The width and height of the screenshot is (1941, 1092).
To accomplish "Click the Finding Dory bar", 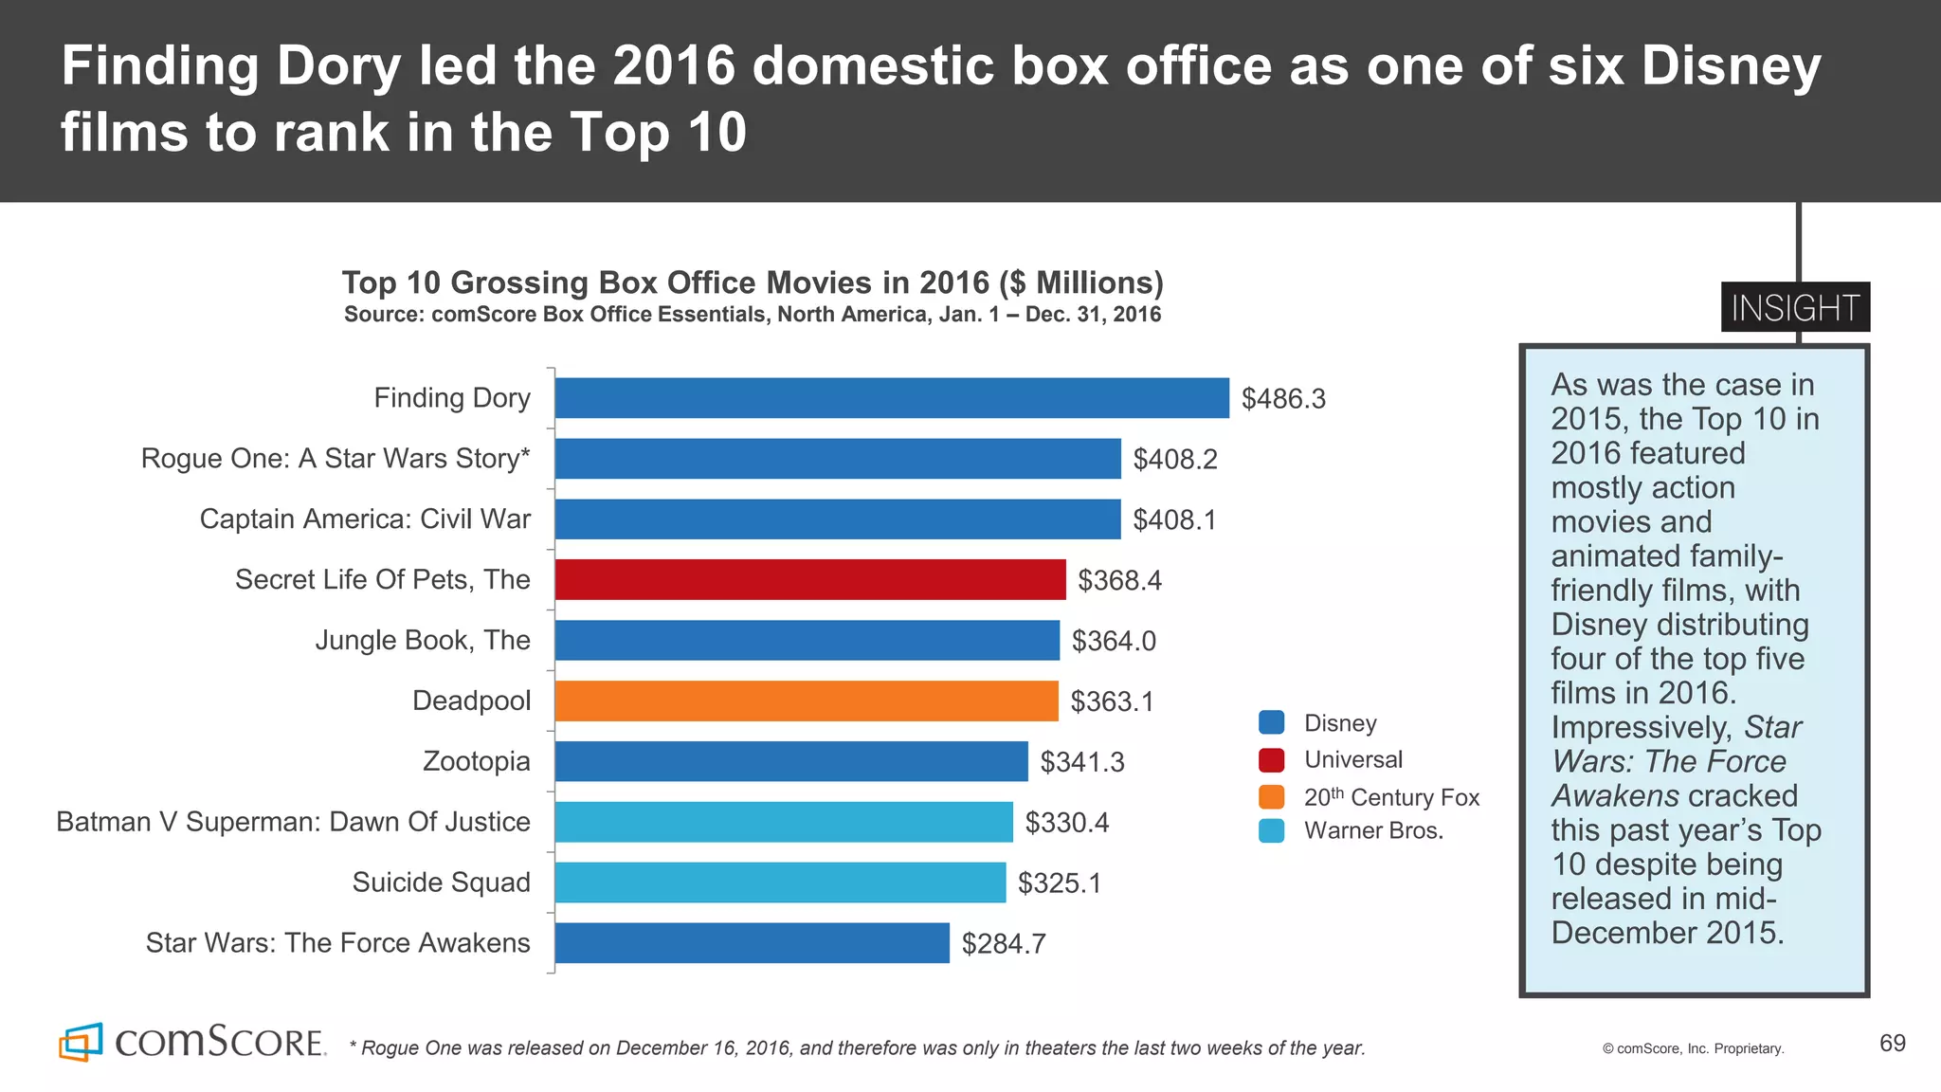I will coord(891,398).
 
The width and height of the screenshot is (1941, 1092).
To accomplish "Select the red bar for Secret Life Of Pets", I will coord(810,579).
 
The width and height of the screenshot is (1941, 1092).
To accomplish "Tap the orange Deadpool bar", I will coord(806,701).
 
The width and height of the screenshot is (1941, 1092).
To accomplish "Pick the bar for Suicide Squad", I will coord(780,883).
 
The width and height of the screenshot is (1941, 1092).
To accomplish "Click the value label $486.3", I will coord(1283,399).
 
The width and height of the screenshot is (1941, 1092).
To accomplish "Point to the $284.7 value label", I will coord(1004,944).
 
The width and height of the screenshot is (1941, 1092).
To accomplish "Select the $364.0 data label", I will coord(1114,641).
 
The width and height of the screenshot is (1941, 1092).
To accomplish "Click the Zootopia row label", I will coord(476,761).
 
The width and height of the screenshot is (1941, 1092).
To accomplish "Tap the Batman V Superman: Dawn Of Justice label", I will coord(293,822).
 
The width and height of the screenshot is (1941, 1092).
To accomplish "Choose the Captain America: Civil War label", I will coord(365,519).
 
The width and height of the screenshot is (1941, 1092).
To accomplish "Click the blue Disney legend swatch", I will coord(1271,722).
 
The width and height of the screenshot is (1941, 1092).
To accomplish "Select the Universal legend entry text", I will coord(1352,759).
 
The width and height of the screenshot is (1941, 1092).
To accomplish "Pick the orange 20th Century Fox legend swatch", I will coord(1271,796).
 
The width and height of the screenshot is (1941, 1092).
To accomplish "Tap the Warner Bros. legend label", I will coord(1373,830).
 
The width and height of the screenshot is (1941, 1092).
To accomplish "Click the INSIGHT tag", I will coord(1794,307).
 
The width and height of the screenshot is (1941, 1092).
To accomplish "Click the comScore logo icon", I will coord(81,1042).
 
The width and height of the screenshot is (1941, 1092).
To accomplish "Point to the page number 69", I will coord(1892,1043).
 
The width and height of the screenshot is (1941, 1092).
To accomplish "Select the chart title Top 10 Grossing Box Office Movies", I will coord(753,282).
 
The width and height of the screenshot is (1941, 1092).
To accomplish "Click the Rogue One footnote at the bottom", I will coord(857,1047).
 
